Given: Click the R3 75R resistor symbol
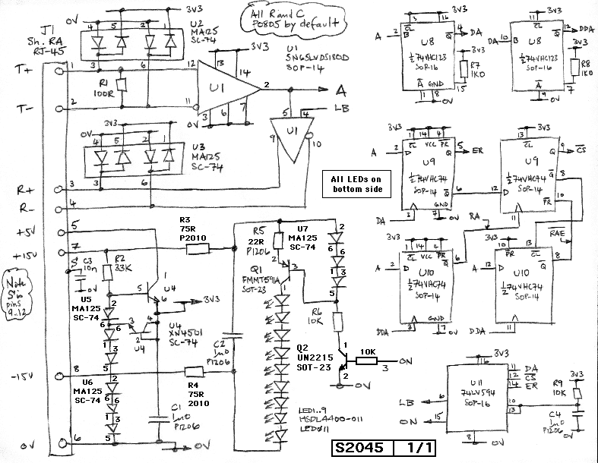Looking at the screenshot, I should pyautogui.click(x=197, y=248).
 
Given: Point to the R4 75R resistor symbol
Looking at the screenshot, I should pyautogui.click(x=201, y=371).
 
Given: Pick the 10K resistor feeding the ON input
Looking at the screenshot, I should pyautogui.click(x=367, y=361).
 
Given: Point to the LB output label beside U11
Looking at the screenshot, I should pyautogui.click(x=408, y=401).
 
